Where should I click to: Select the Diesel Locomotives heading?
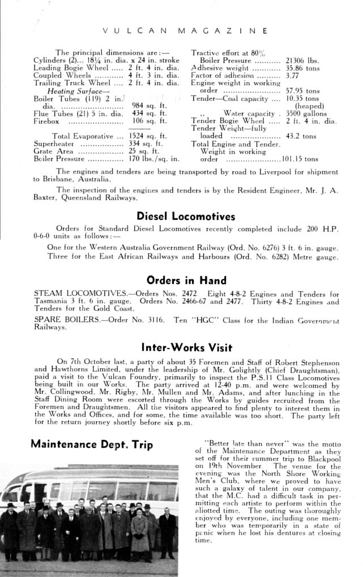pos(186,216)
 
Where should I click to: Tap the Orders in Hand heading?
pos(186,280)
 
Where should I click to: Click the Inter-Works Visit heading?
pos(186,346)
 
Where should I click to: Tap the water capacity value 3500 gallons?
pos(306,113)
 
